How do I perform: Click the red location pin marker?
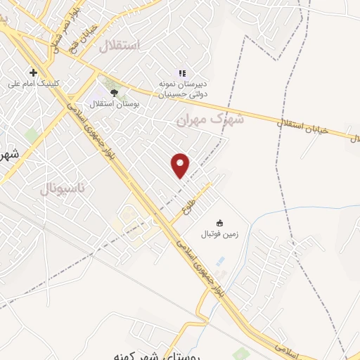(x=181, y=165)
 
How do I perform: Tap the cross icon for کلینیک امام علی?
(x=33, y=72)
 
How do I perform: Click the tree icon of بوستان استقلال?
(x=114, y=92)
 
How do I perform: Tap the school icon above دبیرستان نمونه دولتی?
(x=181, y=72)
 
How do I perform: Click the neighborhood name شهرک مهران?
(x=210, y=120)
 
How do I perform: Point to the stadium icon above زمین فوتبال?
(x=219, y=223)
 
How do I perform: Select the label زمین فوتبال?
(x=221, y=234)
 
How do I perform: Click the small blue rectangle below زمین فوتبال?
(x=221, y=261)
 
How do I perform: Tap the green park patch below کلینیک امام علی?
(x=31, y=134)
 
